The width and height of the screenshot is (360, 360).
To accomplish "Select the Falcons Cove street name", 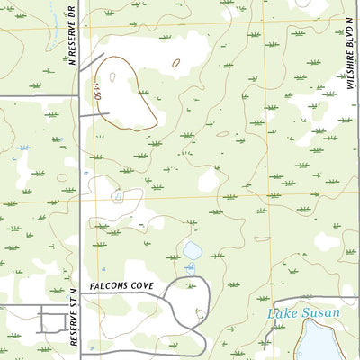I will [122, 285].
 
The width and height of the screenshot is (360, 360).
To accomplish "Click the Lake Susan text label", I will [303, 313].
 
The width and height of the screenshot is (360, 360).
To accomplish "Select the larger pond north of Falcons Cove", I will [191, 249].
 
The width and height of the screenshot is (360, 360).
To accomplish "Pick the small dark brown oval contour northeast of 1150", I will [175, 63].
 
